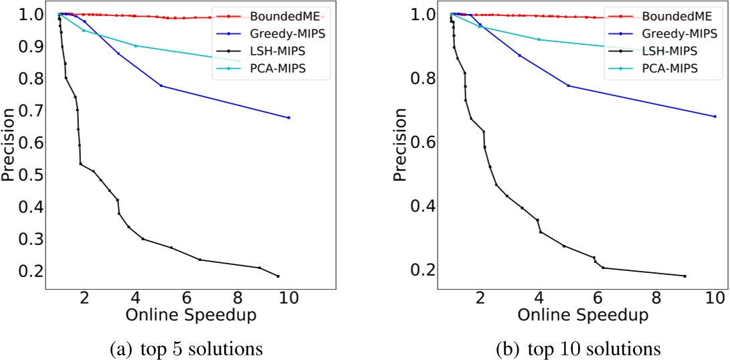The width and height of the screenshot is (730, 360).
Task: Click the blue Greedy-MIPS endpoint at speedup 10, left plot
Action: (x=288, y=118)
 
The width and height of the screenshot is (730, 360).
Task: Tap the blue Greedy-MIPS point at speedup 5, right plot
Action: (x=568, y=86)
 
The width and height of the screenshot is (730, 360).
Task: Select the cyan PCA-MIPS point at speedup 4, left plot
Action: (x=136, y=46)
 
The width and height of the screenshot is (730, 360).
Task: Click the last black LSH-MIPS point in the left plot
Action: (x=278, y=276)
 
